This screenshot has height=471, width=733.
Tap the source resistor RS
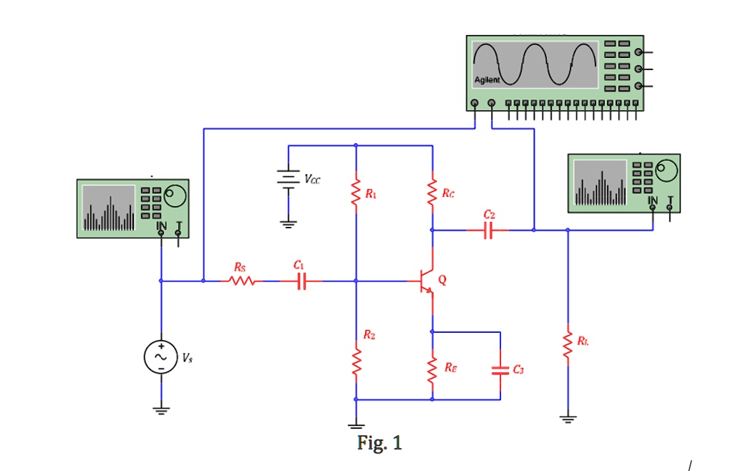click(x=241, y=281)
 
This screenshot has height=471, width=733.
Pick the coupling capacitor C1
click(x=301, y=281)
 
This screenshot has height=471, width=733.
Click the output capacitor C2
click(x=488, y=230)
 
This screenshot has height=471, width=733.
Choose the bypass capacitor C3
click(x=500, y=370)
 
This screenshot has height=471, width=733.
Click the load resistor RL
click(x=568, y=346)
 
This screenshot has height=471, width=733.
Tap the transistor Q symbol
click(x=427, y=282)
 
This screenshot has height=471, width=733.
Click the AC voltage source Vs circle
click(x=161, y=356)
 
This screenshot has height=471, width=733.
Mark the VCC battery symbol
click(x=288, y=178)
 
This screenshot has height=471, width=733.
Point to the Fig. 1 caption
click(x=379, y=444)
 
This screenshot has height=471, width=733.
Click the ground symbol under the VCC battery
click(x=288, y=223)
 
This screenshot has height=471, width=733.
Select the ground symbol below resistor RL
click(x=568, y=419)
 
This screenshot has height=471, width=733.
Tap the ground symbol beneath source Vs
click(x=161, y=410)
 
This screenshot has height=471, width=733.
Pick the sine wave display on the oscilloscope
click(x=535, y=64)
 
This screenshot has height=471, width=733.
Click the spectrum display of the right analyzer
click(x=600, y=185)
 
